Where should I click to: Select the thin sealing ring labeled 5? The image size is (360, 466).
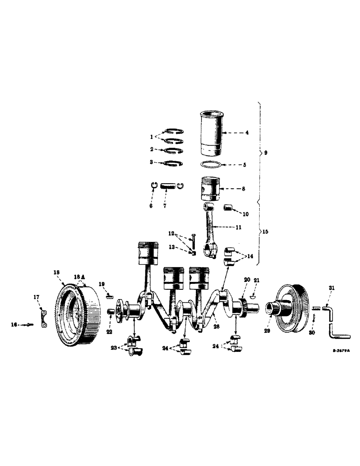(x=210, y=164)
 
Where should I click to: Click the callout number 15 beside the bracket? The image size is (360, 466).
(x=266, y=232)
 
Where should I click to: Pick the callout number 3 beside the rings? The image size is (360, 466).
(x=152, y=162)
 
